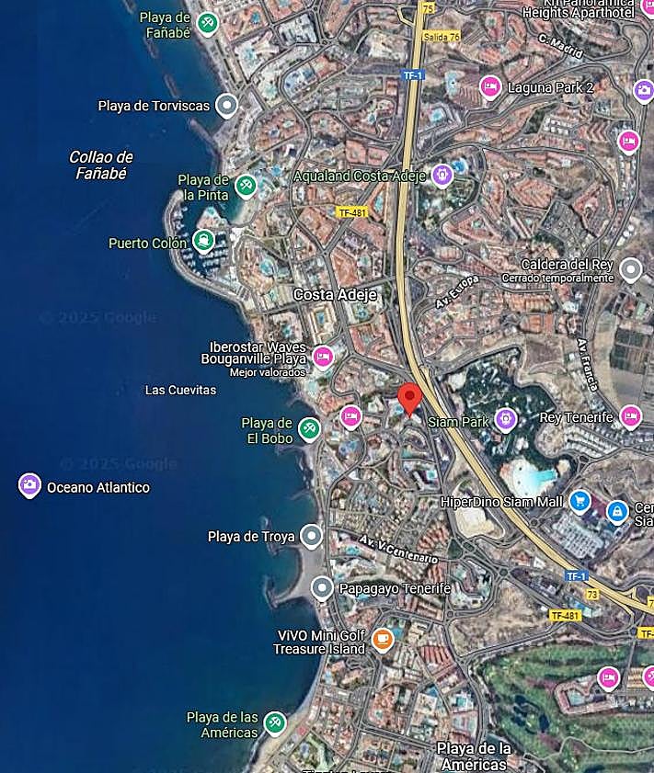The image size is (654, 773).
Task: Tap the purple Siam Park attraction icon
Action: pyautogui.click(x=505, y=420)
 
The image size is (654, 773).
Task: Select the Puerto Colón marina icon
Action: pyautogui.click(x=203, y=242)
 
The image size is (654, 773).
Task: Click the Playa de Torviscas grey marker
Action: pyautogui.click(x=226, y=106)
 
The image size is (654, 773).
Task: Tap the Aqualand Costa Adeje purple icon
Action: pyautogui.click(x=442, y=175)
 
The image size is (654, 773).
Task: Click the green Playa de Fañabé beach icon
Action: pyautogui.click(x=208, y=23)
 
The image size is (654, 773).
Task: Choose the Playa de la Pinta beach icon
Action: pyautogui.click(x=246, y=186)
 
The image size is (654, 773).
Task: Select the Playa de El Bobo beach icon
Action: pyautogui.click(x=310, y=429)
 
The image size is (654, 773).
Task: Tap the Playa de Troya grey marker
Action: pyautogui.click(x=313, y=536)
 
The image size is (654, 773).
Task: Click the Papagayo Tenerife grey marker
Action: pyautogui.click(x=322, y=587)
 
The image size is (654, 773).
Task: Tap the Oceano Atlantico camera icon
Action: pyautogui.click(x=30, y=485)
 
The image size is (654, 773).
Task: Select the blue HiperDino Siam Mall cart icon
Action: pyautogui.click(x=579, y=501)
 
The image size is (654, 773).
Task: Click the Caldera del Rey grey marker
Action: pyautogui.click(x=630, y=269)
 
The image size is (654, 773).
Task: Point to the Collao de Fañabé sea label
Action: pyautogui.click(x=101, y=165)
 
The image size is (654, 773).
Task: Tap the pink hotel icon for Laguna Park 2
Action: pyautogui.click(x=490, y=87)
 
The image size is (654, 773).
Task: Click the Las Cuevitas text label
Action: pyautogui.click(x=180, y=390)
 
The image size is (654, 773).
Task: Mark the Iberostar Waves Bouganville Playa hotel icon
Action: pyautogui.click(x=322, y=357)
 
